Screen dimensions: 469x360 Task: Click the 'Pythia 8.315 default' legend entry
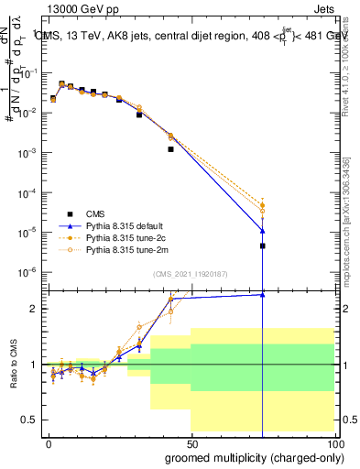coord(110,224)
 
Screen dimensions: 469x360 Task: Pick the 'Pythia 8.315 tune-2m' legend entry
coord(110,249)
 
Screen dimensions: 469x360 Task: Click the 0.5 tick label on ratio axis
coord(29,420)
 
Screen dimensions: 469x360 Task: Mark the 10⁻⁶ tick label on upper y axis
coord(27,272)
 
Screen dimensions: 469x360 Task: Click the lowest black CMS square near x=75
coord(262,245)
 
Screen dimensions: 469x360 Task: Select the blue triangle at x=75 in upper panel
coord(262,230)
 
